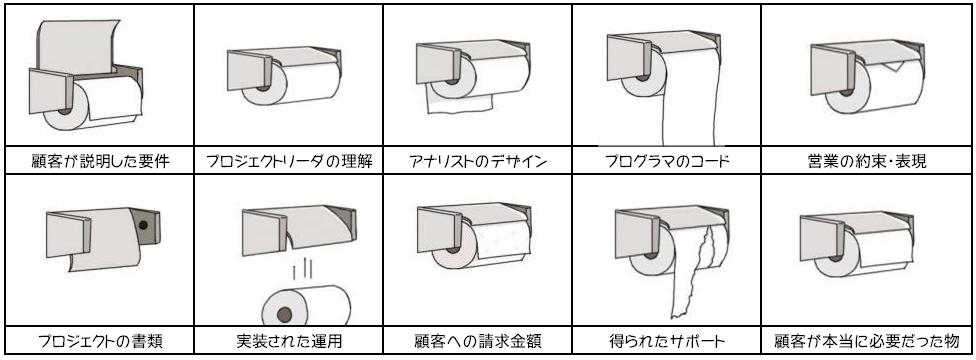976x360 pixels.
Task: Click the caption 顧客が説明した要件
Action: pos(100,162)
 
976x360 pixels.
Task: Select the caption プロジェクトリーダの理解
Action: pos(289,162)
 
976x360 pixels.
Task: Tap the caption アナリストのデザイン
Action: pos(478,162)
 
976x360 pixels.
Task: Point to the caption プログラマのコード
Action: pos(667,162)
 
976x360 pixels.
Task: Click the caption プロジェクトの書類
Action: pos(100,341)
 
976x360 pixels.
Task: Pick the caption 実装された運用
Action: pos(289,341)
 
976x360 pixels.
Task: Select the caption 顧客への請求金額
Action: pos(478,341)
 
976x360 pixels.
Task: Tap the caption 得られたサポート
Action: pos(667,341)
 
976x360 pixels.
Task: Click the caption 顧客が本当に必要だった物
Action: pos(867,341)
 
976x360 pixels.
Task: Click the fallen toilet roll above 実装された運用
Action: pos(306,306)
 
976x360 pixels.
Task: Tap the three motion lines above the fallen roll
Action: pos(301,272)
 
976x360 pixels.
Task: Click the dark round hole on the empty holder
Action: pos(144,225)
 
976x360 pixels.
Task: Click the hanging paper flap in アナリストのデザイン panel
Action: pos(460,104)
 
